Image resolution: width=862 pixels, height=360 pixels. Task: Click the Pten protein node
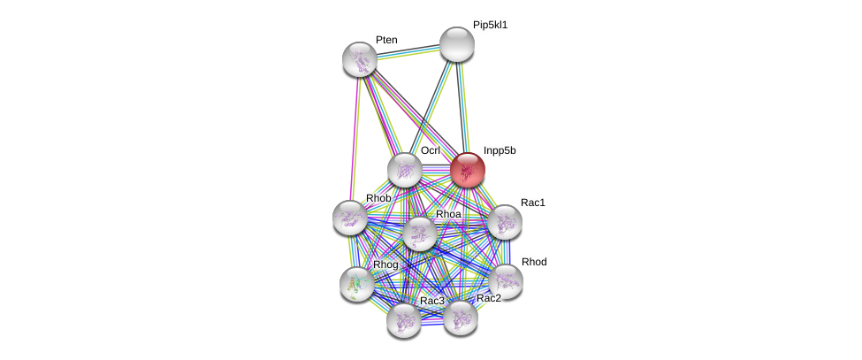(x=360, y=59)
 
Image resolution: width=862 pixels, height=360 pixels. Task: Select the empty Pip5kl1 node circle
(x=457, y=44)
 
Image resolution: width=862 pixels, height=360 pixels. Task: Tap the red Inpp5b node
(x=468, y=170)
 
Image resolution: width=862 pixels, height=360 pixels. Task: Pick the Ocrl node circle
(x=405, y=171)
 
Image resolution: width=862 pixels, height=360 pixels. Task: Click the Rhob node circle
(x=350, y=218)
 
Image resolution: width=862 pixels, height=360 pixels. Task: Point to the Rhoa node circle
(x=420, y=234)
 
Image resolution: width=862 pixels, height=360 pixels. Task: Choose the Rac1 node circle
(x=505, y=222)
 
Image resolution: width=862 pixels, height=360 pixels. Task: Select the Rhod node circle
(x=506, y=281)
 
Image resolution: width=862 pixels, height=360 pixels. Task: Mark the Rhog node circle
(x=357, y=284)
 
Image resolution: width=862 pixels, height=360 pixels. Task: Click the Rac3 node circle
(x=403, y=320)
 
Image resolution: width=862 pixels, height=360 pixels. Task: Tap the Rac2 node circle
(x=460, y=318)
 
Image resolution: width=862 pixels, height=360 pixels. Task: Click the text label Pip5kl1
(x=490, y=25)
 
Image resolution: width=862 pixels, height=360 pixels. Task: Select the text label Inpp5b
(x=500, y=150)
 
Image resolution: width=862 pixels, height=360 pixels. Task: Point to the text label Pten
(x=386, y=40)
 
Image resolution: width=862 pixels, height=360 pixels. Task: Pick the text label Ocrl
(x=431, y=150)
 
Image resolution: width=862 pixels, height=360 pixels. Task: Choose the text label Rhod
(x=534, y=262)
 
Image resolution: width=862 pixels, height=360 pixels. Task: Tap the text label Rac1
(x=533, y=203)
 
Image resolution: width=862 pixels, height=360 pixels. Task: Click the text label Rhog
(x=385, y=264)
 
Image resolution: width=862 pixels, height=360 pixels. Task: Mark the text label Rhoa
(x=448, y=214)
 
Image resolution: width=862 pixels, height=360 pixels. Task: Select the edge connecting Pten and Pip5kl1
(x=408, y=51)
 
